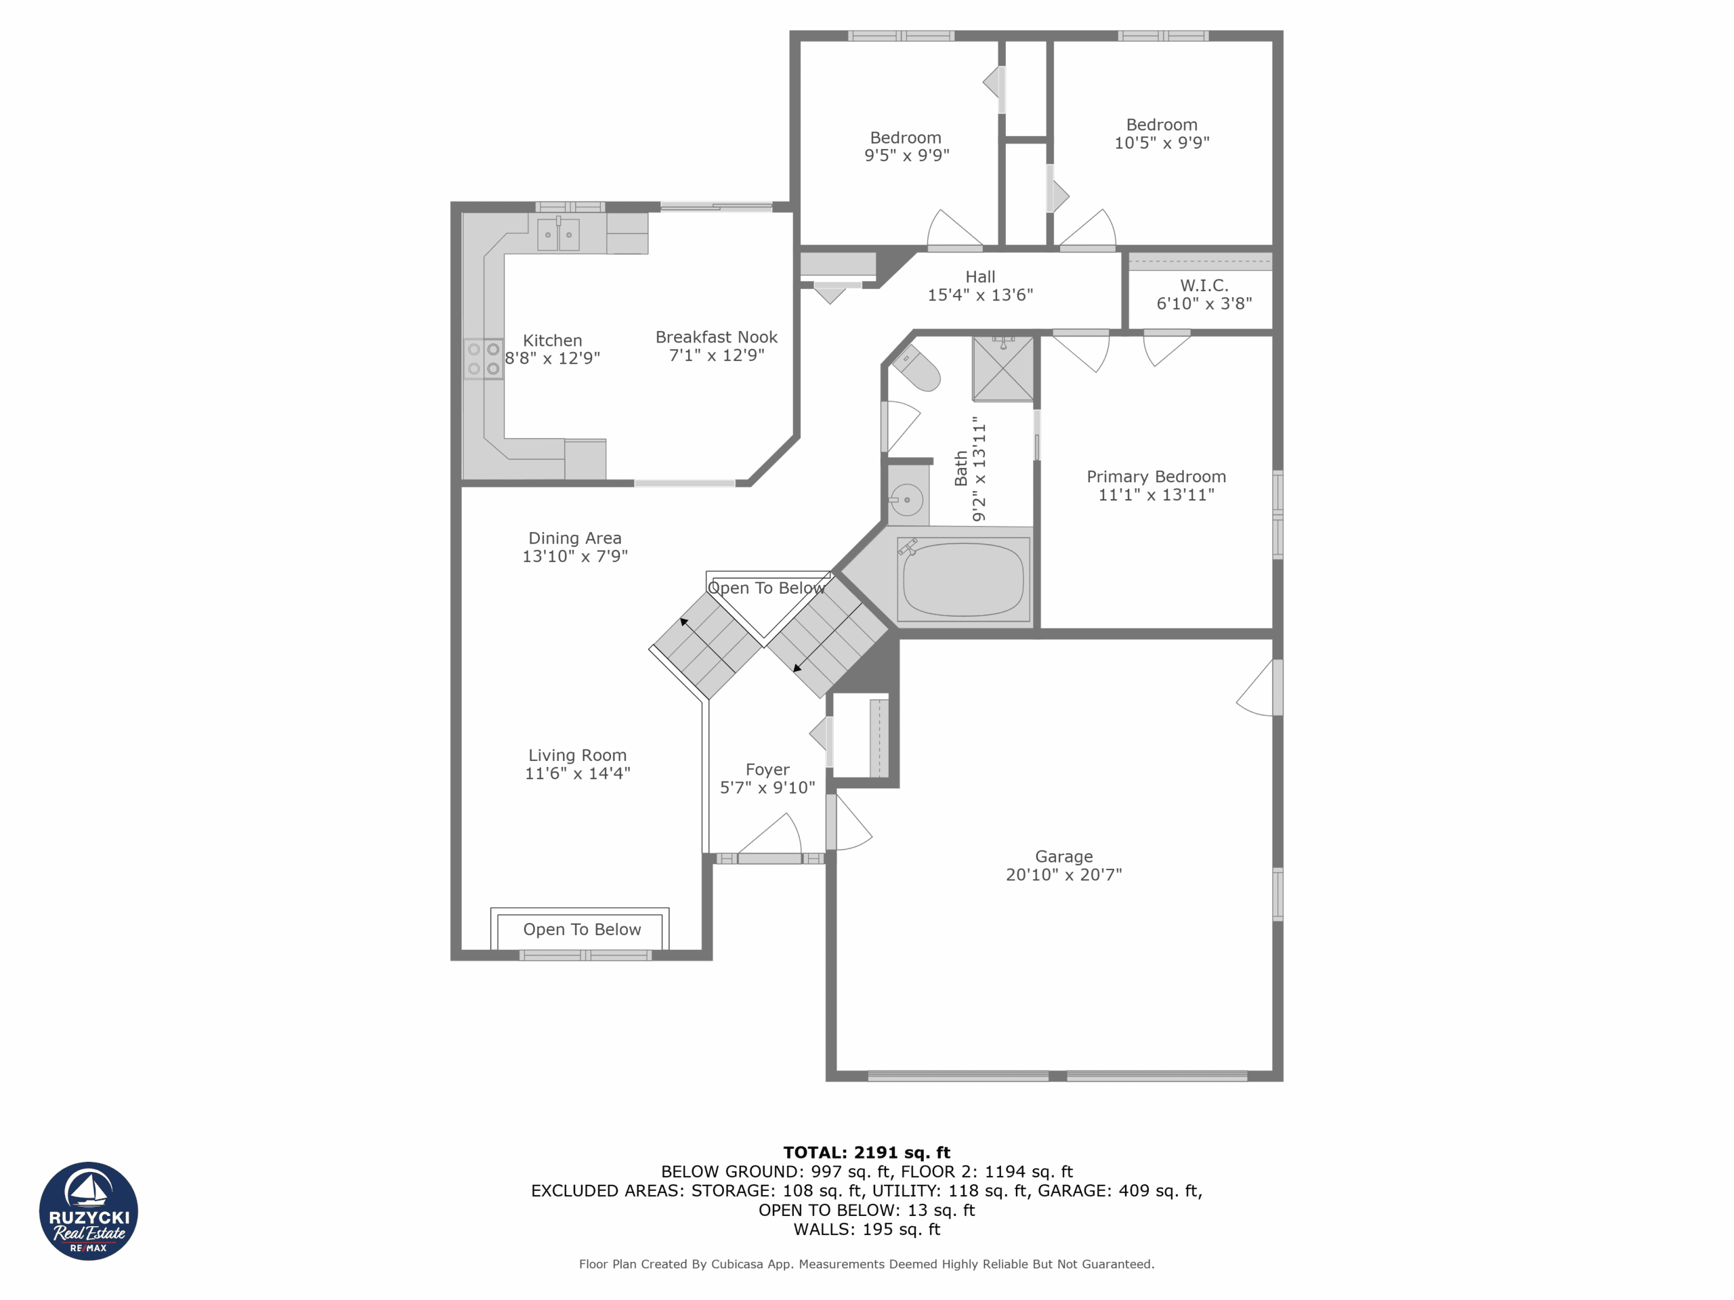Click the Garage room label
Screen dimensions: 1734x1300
pyautogui.click(x=1063, y=857)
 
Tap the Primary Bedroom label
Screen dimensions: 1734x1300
pyautogui.click(x=1156, y=477)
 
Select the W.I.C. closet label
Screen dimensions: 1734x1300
pyautogui.click(x=1204, y=285)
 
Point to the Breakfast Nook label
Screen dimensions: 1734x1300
pyautogui.click(x=717, y=337)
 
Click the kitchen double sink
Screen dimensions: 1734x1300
pyautogui.click(x=558, y=234)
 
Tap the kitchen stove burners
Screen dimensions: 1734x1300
pyautogui.click(x=483, y=359)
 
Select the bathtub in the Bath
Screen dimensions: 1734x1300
pyautogui.click(x=963, y=579)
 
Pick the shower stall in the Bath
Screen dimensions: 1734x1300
pyautogui.click(x=1002, y=368)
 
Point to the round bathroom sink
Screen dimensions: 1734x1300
pyautogui.click(x=907, y=499)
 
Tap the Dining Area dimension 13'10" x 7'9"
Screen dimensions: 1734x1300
pyautogui.click(x=575, y=557)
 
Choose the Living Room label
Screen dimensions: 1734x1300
pyautogui.click(x=578, y=756)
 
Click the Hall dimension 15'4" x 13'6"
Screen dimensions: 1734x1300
pyautogui.click(x=981, y=295)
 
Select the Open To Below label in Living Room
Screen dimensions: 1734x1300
pyautogui.click(x=582, y=930)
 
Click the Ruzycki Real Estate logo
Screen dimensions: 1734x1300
pyautogui.click(x=89, y=1211)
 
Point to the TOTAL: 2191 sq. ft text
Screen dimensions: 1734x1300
pyautogui.click(x=867, y=1152)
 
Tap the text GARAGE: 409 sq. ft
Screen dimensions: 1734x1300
pyautogui.click(x=1120, y=1191)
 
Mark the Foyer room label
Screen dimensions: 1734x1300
pyautogui.click(x=767, y=769)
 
